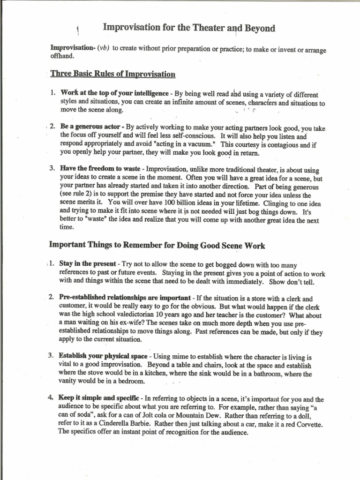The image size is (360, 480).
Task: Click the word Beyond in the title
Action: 258,28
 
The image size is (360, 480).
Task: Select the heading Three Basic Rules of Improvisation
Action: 112,74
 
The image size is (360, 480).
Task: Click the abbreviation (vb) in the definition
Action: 103,48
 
